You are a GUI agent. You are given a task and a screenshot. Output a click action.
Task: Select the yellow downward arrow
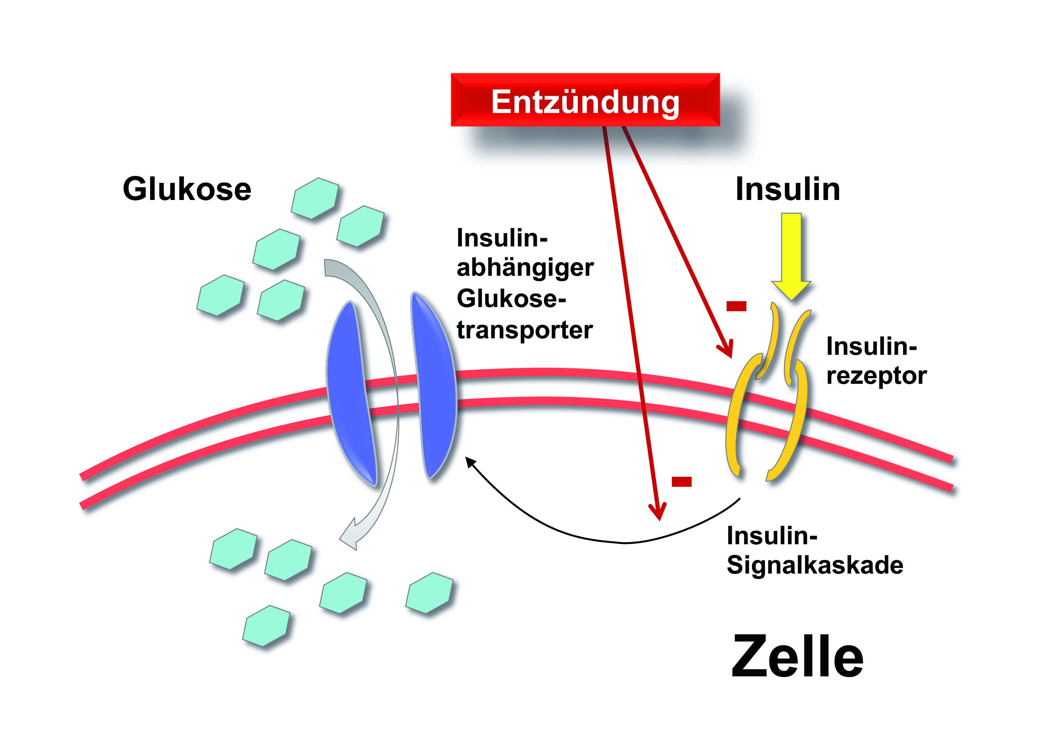click(791, 256)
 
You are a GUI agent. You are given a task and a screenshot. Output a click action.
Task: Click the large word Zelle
click(797, 657)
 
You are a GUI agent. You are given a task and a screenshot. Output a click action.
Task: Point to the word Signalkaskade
click(815, 565)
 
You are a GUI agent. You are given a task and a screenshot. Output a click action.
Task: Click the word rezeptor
click(876, 376)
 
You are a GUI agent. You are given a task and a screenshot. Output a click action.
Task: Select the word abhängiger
click(525, 268)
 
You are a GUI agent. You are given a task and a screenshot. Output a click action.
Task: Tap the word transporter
click(525, 330)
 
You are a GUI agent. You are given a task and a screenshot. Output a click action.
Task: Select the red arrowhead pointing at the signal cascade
click(658, 515)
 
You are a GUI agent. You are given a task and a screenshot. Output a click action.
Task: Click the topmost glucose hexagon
click(315, 198)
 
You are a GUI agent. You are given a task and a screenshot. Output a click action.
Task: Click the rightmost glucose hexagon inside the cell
click(429, 592)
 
